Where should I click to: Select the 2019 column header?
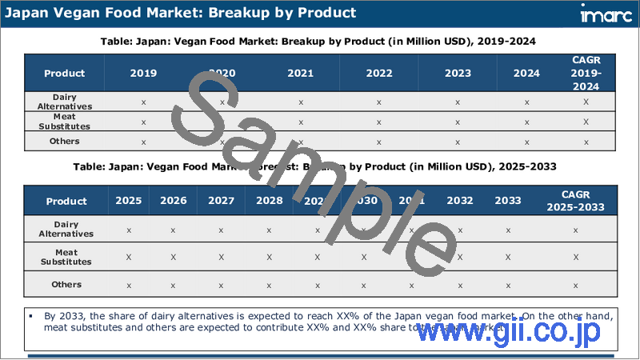click(x=143, y=73)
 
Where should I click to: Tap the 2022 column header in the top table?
click(x=379, y=73)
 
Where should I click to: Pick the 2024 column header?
click(x=526, y=73)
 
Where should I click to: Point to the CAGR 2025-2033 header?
click(x=576, y=201)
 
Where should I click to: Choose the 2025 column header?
click(x=129, y=201)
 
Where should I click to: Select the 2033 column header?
click(x=508, y=201)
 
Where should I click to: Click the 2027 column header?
click(x=221, y=201)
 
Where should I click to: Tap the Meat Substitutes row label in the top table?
click(x=65, y=122)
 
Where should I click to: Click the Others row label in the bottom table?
click(x=65, y=284)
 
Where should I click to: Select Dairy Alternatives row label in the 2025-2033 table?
click(x=66, y=230)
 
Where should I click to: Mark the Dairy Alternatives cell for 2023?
click(x=458, y=102)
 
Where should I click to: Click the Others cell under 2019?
click(x=143, y=142)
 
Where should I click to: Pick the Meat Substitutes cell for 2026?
click(x=173, y=257)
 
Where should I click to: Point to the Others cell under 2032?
click(x=460, y=285)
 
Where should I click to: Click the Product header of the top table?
click(x=65, y=73)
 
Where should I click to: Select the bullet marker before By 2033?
click(x=30, y=316)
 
